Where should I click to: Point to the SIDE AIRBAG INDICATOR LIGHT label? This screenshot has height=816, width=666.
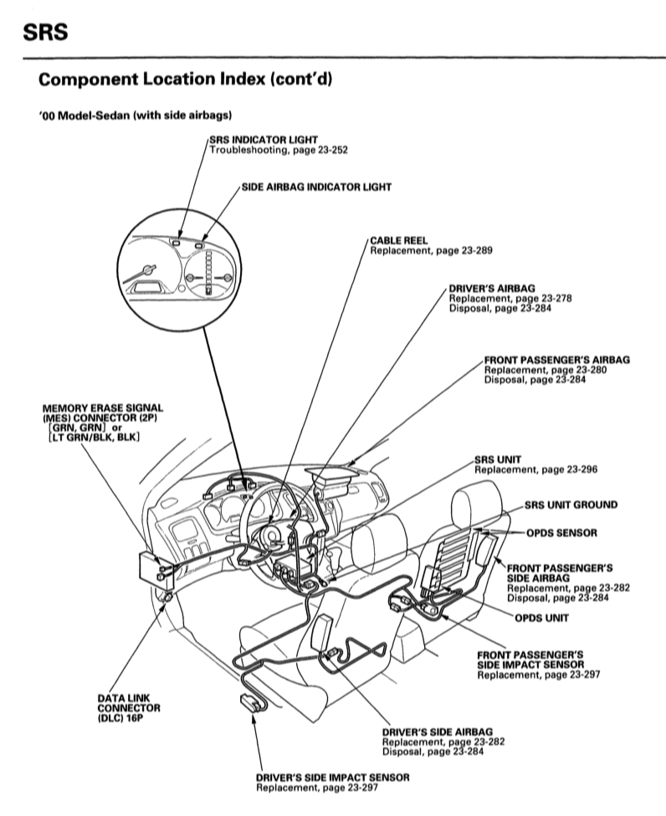pos(316,187)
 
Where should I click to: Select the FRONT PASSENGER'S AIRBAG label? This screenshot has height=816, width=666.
pos(556,360)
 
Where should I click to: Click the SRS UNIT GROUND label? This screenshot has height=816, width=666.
pos(571,505)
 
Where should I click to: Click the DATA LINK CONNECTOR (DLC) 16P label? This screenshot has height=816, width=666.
pos(128,706)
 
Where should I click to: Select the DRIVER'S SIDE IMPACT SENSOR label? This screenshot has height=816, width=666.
pos(333,777)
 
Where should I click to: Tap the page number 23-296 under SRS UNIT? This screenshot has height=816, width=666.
pos(578,470)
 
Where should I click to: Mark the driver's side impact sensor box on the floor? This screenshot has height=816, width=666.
pos(250,700)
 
